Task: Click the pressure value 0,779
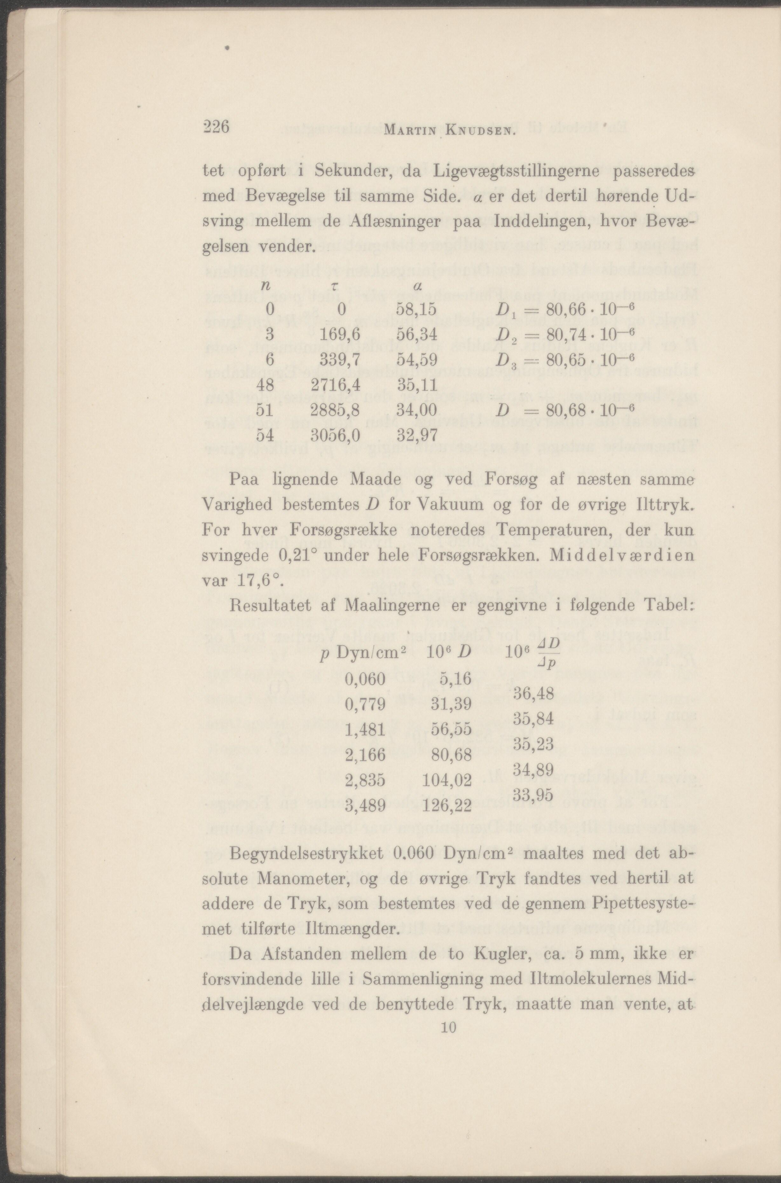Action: click(365, 705)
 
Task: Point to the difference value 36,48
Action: click(533, 693)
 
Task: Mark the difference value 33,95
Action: click(533, 795)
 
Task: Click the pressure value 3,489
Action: click(365, 806)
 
